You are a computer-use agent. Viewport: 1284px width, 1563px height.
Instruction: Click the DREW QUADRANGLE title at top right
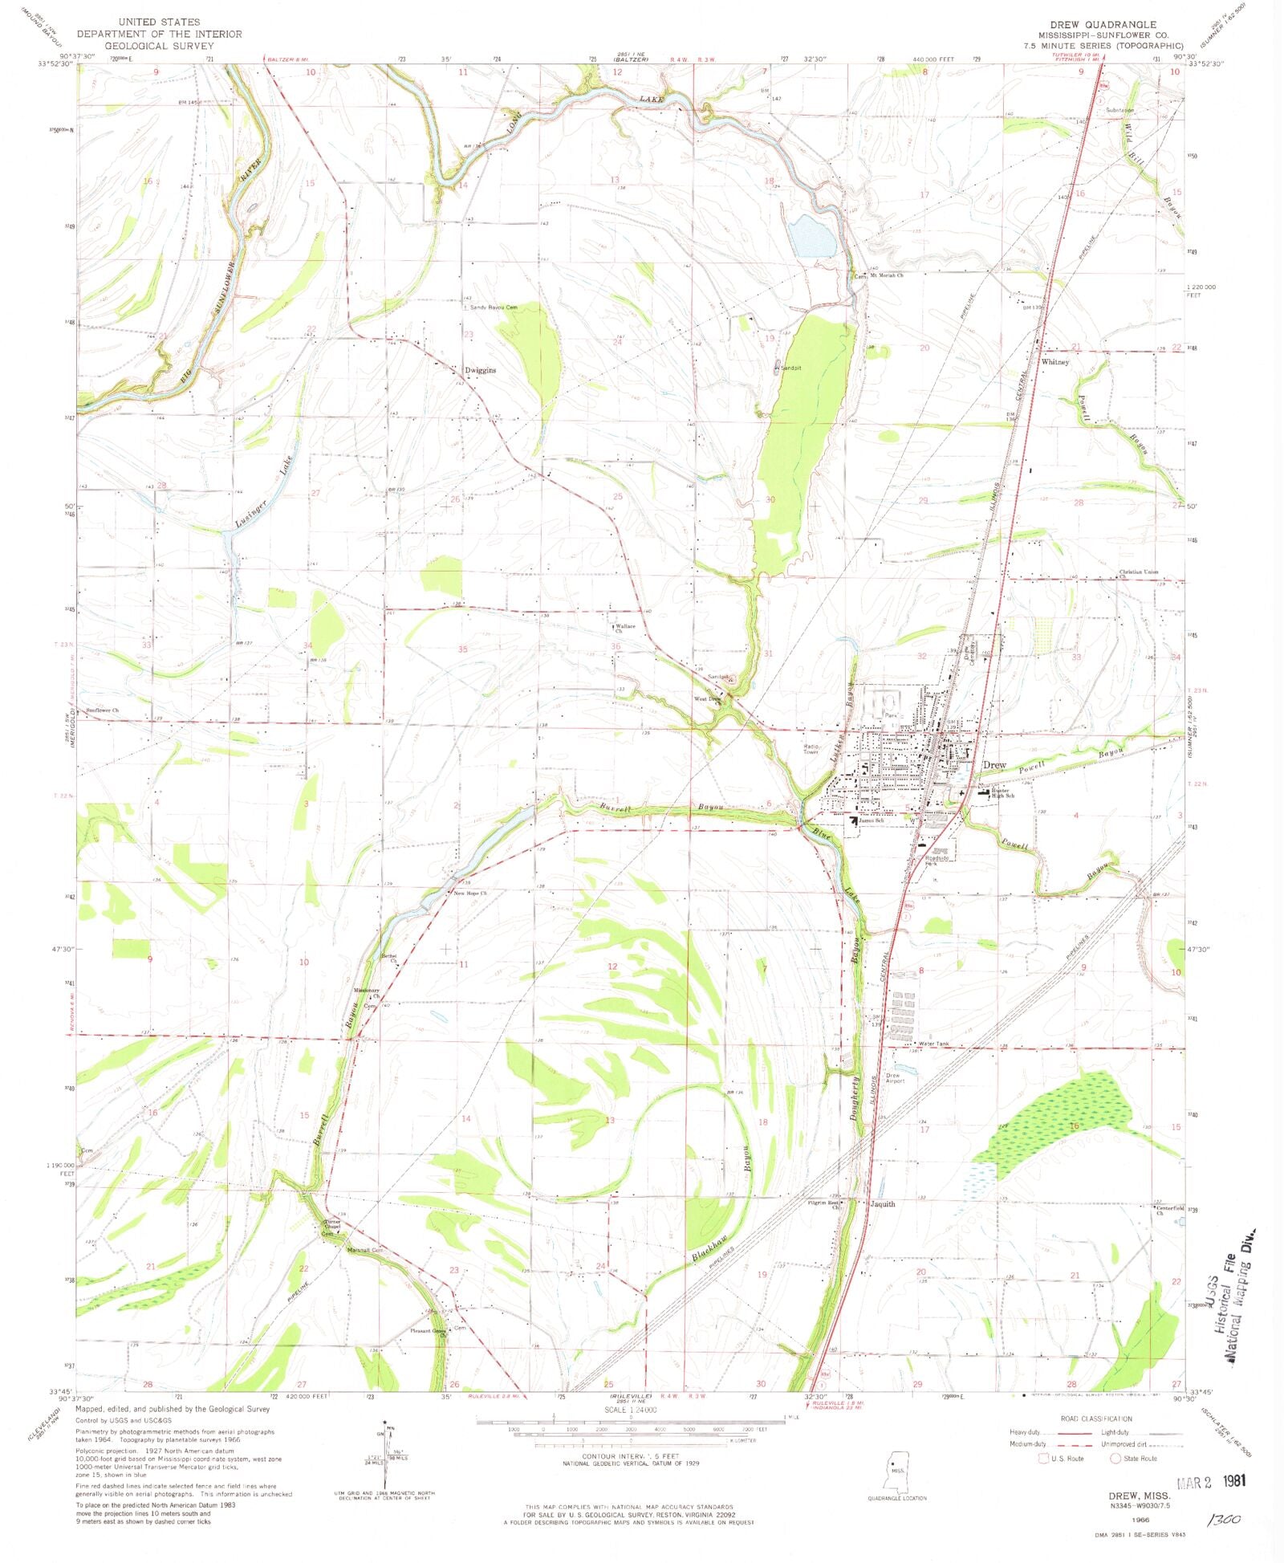click(x=1110, y=25)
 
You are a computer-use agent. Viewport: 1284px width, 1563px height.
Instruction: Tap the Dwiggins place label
click(x=481, y=370)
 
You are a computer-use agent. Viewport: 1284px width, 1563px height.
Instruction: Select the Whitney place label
click(x=1055, y=362)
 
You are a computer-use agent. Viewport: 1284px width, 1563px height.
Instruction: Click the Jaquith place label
click(x=882, y=1204)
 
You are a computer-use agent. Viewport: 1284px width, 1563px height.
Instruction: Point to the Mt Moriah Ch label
click(x=887, y=275)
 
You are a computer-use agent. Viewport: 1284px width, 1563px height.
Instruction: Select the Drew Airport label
click(x=895, y=1077)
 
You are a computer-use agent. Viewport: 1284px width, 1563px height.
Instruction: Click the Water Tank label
click(x=933, y=1044)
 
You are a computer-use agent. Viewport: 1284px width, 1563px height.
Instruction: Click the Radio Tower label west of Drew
click(x=811, y=750)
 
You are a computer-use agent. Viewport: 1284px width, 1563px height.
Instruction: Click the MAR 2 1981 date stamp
click(x=1211, y=1481)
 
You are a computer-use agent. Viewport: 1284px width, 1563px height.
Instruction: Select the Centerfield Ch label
click(x=1169, y=1210)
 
